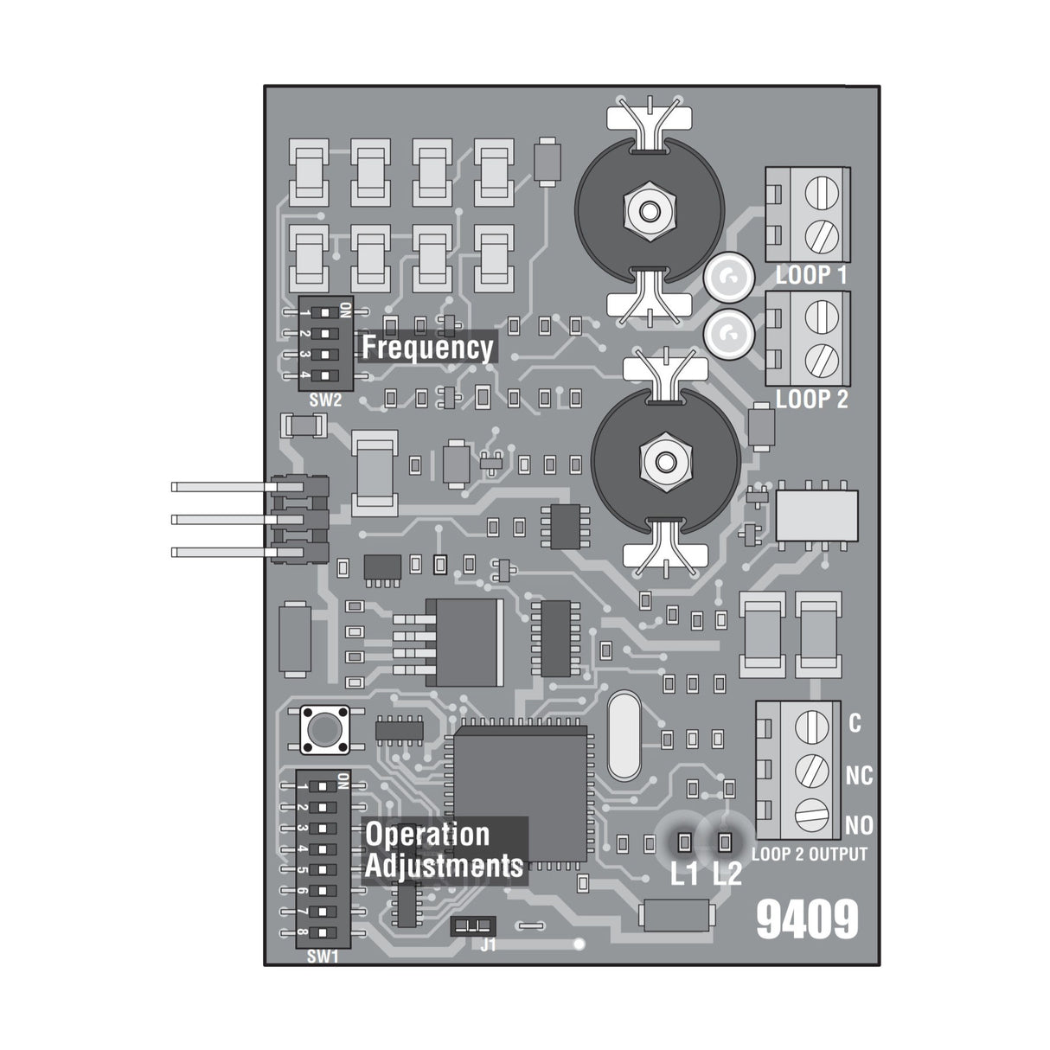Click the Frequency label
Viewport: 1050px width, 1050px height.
point(427,348)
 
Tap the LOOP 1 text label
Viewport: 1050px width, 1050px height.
point(811,276)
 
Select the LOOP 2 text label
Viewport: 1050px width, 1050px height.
point(811,400)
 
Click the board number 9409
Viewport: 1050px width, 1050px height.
point(807,920)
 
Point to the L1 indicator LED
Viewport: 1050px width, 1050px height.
point(683,841)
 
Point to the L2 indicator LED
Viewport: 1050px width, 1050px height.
point(725,841)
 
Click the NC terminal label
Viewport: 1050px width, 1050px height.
point(858,776)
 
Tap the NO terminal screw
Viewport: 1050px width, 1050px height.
point(811,815)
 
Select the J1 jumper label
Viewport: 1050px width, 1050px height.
point(489,945)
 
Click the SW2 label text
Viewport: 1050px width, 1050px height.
point(324,400)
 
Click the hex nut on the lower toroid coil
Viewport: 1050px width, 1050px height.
point(664,458)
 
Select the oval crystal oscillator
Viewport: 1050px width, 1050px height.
point(624,735)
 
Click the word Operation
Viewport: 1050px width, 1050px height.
point(427,835)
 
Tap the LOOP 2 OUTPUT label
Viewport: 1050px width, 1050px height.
point(809,855)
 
